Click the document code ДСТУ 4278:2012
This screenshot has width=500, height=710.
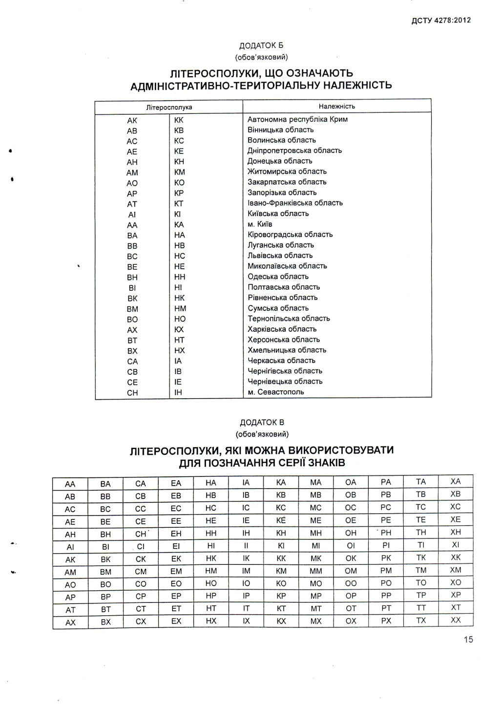point(441,20)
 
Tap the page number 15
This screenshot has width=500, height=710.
point(468,640)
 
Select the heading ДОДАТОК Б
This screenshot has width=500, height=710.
point(261,45)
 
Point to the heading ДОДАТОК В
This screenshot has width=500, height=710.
point(262,422)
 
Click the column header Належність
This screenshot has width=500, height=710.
point(337,106)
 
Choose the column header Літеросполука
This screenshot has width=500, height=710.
point(169,107)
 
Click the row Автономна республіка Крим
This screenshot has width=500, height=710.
point(297,119)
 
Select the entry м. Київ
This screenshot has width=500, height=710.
point(260,224)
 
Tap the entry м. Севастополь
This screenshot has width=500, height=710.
point(275,392)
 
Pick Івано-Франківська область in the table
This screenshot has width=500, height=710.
point(295,203)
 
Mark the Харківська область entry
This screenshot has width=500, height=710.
point(282,329)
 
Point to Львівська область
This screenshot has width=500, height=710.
point(280,256)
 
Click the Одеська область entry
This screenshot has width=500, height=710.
point(278,277)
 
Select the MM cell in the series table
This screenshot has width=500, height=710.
point(316,571)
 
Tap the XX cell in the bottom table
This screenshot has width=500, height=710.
point(456,620)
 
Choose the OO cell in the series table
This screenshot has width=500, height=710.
point(351,583)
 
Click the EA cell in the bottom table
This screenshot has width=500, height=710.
point(176,483)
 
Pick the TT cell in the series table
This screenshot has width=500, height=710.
point(421,608)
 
